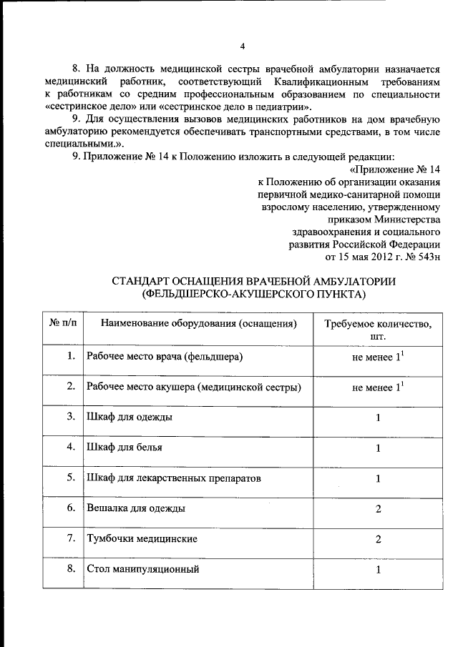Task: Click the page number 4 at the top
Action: click(x=243, y=46)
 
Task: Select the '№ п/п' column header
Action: click(x=63, y=324)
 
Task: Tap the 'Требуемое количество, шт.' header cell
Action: click(x=378, y=330)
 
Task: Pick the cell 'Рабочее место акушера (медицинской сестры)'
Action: click(x=193, y=387)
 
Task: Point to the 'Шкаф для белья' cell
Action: click(x=124, y=448)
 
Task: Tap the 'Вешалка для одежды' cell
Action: click(x=136, y=508)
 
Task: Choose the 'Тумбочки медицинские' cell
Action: click(x=141, y=538)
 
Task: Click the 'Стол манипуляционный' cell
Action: click(x=142, y=569)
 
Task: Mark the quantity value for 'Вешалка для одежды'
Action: click(x=378, y=509)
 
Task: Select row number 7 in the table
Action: click(x=71, y=538)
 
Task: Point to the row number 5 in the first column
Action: click(x=71, y=478)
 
